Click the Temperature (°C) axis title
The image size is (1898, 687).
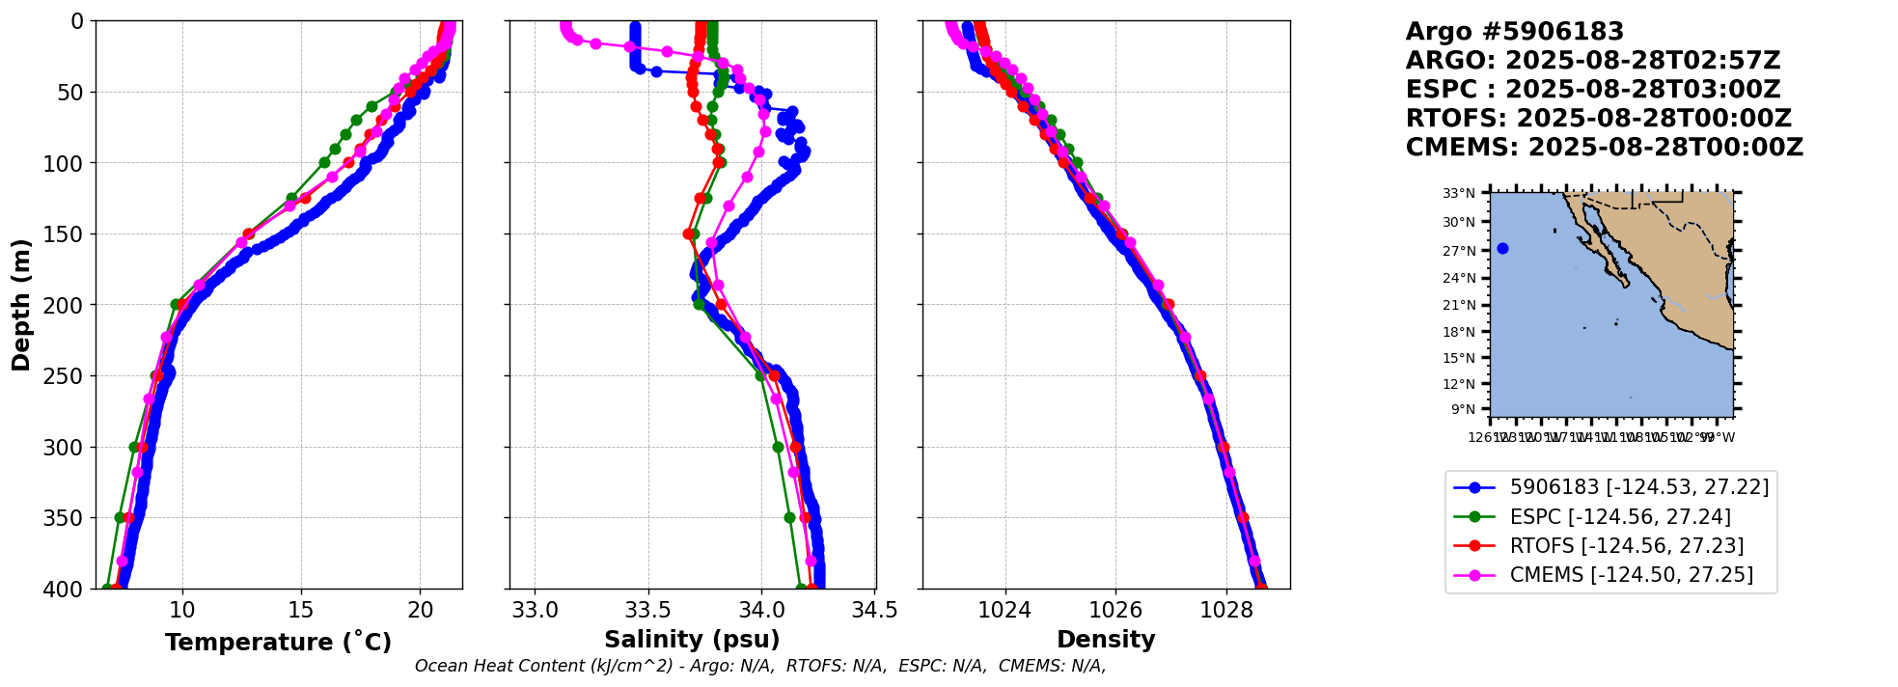click(x=278, y=642)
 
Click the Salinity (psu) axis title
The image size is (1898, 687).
click(x=692, y=640)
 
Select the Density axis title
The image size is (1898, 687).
click(x=1106, y=640)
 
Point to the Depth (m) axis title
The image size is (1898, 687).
click(x=21, y=305)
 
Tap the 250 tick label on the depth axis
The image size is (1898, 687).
click(x=67, y=376)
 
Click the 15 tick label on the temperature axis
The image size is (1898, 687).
click(x=301, y=610)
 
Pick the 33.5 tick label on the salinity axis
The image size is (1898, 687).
click(x=648, y=610)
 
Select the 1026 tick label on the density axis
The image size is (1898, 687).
click(x=1115, y=610)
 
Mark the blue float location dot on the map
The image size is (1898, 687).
click(x=1502, y=249)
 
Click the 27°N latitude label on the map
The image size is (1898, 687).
click(x=1459, y=251)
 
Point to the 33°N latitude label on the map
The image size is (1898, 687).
click(x=1459, y=194)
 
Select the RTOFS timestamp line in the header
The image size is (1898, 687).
click(x=1598, y=119)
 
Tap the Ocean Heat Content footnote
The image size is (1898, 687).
click(x=759, y=666)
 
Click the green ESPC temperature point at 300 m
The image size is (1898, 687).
click(x=135, y=447)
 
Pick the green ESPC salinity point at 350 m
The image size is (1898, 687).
click(x=789, y=517)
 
